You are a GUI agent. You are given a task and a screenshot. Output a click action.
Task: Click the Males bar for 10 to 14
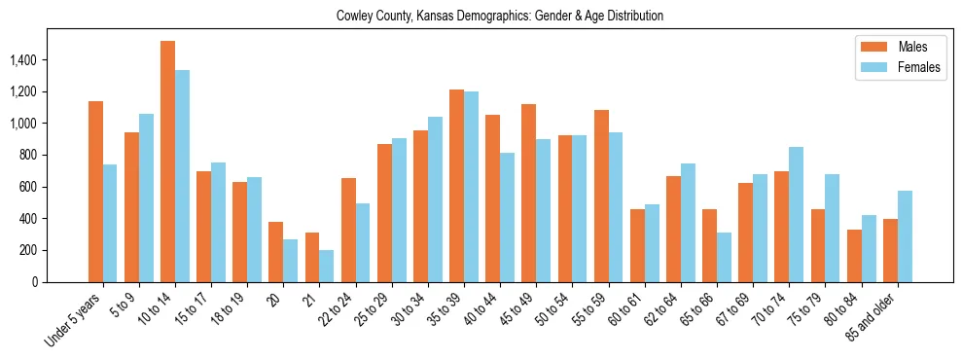168,162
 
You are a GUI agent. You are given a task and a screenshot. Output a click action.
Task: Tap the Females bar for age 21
327,266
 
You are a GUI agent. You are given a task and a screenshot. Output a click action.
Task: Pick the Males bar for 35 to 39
457,186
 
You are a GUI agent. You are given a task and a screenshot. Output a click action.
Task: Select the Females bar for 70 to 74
797,214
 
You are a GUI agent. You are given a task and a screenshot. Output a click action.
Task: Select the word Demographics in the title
495,17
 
